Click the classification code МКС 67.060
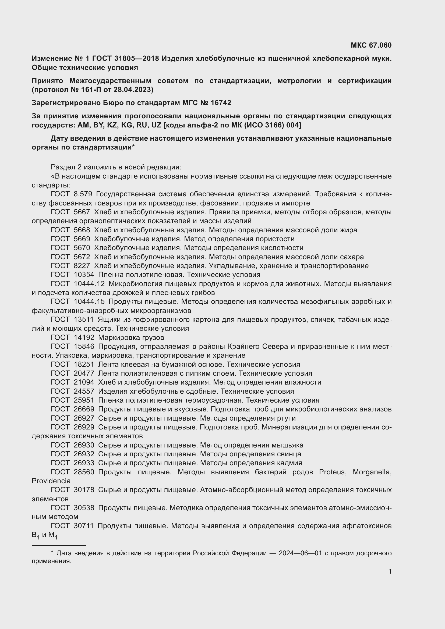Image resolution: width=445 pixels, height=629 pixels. tap(371, 45)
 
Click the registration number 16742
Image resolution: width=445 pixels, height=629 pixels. tap(221, 103)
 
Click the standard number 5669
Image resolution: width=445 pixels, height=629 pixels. tap(82, 239)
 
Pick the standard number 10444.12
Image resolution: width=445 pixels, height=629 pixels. tap(89, 284)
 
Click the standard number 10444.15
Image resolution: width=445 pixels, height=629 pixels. tap(89, 302)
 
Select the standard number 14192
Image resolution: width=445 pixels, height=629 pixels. tap(84, 337)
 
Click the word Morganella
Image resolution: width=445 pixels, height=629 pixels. tap(372, 472)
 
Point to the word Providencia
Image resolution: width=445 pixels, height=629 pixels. tap(51, 481)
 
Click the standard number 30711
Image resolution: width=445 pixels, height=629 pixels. tap(84, 526)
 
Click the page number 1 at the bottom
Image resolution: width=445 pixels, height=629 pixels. tap(390, 571)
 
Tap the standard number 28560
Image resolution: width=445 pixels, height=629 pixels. tap(84, 472)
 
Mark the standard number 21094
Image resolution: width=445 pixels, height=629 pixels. tap(84, 382)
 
